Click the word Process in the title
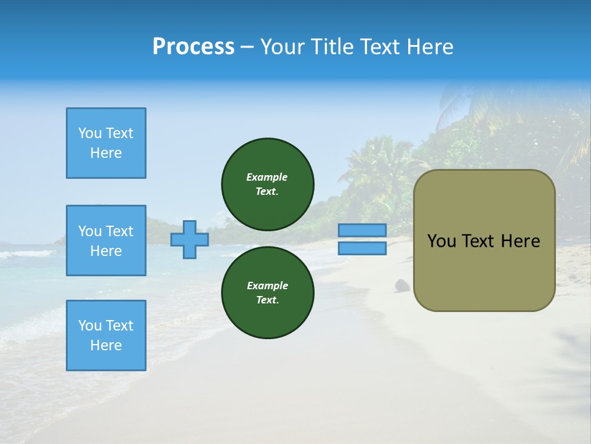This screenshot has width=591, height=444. pos(193,47)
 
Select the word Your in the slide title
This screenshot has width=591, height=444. pos(283,47)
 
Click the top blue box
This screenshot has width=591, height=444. pos(106,143)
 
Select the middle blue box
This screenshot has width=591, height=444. pos(106,240)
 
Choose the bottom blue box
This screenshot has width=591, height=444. pos(106,335)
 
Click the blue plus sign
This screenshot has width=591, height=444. pos(190,240)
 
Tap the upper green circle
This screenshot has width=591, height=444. pos(267,184)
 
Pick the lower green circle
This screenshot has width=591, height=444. pos(267,292)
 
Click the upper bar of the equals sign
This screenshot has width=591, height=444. pos(363,231)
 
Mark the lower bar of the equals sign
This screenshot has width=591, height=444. pos(363,248)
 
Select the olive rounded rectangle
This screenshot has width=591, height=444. pos(484,271)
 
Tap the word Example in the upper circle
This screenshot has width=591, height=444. pos(267,177)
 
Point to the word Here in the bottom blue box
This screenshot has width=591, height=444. pos(106,345)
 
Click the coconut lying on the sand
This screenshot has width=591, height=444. pos(402,285)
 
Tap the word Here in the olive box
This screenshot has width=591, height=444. pos(521,241)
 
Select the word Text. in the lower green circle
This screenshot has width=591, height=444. pos(267,300)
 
